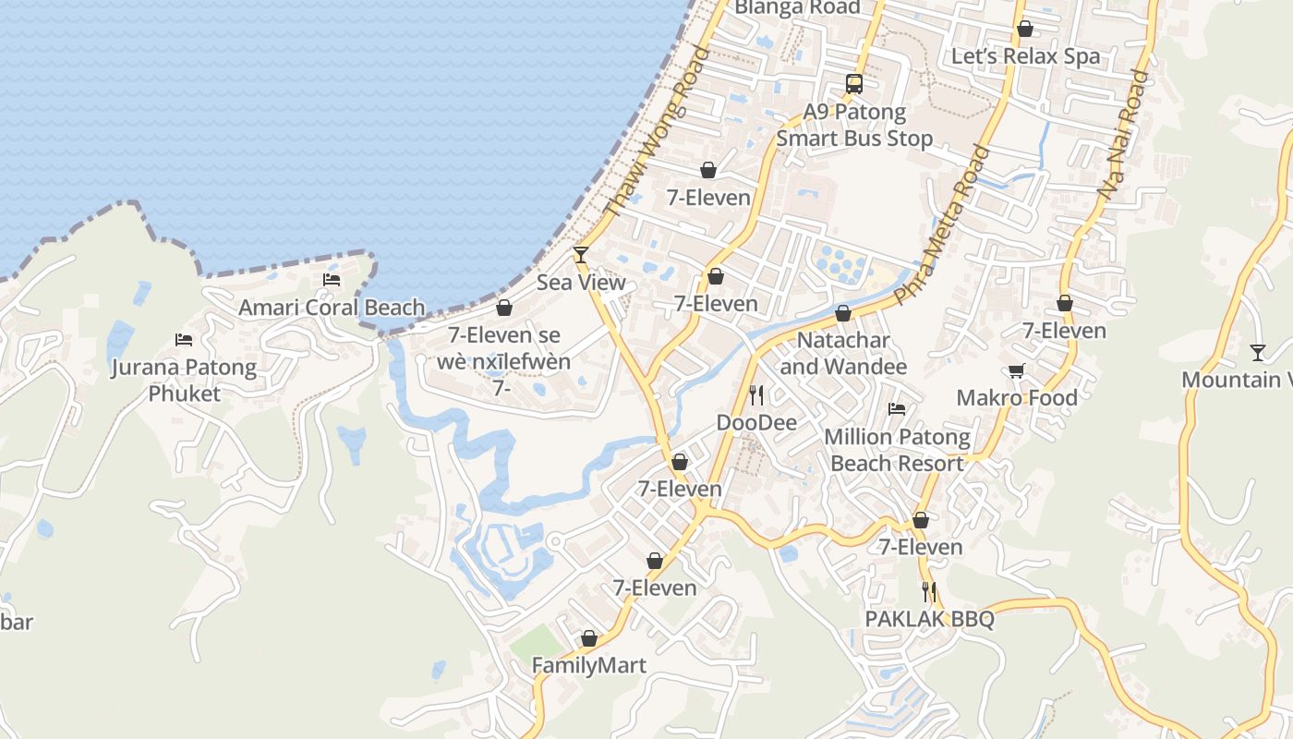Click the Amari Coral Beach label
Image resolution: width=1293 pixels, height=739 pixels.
tap(332, 308)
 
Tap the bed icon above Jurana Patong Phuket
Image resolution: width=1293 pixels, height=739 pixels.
tap(184, 340)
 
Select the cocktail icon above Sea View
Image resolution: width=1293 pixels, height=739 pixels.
tap(581, 254)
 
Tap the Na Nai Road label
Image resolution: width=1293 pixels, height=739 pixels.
tap(1123, 135)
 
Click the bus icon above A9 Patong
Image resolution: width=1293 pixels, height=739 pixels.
tap(854, 84)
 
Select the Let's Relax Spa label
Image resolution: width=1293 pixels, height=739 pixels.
tap(1025, 56)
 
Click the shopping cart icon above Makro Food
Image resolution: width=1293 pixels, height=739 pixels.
tap(1017, 371)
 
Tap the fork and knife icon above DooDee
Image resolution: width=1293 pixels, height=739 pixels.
tap(756, 395)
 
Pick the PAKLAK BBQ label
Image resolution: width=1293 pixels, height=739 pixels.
tap(929, 619)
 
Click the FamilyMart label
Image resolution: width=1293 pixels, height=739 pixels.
tap(588, 665)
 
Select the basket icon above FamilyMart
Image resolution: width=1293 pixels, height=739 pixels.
tap(589, 638)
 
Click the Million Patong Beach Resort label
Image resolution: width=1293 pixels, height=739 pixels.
tap(897, 450)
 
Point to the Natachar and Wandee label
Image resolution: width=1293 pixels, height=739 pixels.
tap(843, 354)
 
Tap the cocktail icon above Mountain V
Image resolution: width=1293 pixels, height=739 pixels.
tap(1257, 352)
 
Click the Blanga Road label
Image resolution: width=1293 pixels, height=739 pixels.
tap(796, 7)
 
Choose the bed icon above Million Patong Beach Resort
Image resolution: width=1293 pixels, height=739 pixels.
tap(896, 409)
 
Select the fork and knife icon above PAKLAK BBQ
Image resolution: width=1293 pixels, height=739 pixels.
tap(929, 592)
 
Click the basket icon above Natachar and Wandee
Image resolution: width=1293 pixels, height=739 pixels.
tap(843, 313)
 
